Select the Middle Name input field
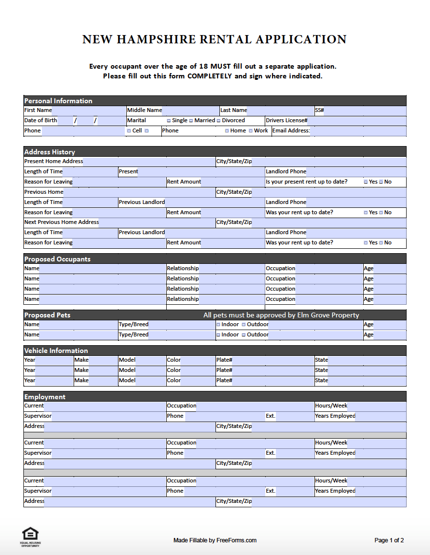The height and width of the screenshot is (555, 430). (190, 111)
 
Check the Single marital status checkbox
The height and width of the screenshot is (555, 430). (169, 121)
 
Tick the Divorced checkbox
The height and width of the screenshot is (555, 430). (219, 121)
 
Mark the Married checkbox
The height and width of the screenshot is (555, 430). (191, 121)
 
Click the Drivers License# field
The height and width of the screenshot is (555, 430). (357, 121)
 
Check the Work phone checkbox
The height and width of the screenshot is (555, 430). (251, 131)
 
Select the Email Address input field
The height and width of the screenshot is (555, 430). (358, 131)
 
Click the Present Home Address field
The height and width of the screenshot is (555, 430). (149, 162)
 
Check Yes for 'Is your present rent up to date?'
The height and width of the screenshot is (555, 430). (366, 182)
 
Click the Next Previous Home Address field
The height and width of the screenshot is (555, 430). (156, 222)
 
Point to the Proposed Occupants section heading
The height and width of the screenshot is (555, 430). (58, 259)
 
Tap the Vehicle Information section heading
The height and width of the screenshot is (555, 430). (56, 351)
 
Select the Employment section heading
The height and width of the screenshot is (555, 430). (45, 397)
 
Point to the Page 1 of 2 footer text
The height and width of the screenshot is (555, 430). (389, 540)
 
